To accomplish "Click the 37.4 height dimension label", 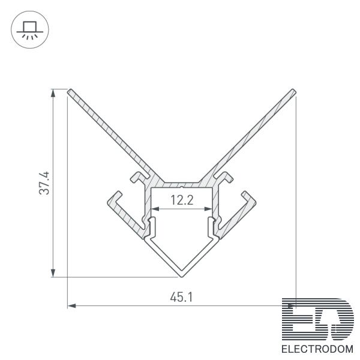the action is coord(44,183).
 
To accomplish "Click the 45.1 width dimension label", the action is coord(181,297).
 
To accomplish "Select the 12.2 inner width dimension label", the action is coord(182,200).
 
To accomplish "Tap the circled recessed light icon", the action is coord(30,29).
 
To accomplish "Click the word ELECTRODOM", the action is coord(317,349).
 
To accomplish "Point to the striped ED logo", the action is coord(318,319).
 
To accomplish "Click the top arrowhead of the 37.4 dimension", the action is coord(53,94).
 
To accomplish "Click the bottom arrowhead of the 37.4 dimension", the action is coord(53,272).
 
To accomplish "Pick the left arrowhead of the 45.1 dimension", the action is coord(72,305).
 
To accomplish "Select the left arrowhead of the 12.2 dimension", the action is coord(155,209).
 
